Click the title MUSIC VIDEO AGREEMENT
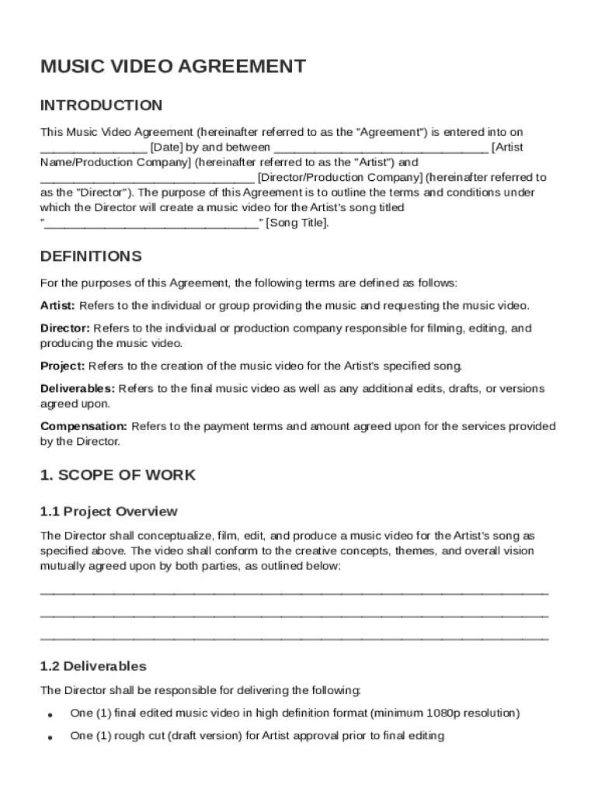coord(172,67)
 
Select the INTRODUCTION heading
coord(101,106)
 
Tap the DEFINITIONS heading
coord(91,256)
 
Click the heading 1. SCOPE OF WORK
coord(117,475)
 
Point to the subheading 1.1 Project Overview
coord(109,512)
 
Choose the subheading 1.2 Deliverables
coord(93,666)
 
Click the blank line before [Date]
coord(93,148)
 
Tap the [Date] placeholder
coord(166,147)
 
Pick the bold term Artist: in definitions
coord(57,306)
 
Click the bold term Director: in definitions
coord(65,328)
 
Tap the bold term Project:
coord(63,366)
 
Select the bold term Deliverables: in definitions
coord(78,388)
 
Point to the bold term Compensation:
coord(84,426)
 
